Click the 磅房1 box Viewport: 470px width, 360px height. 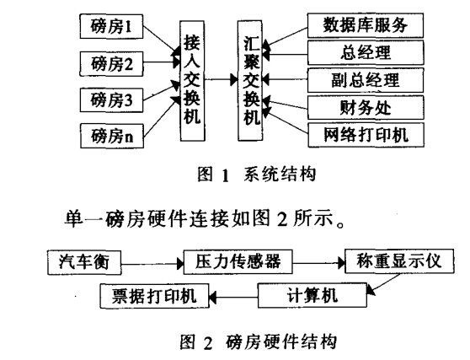coord(111,26)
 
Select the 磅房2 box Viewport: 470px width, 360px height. coord(111,63)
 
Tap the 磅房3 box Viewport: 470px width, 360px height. coord(111,99)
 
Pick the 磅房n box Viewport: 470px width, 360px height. coord(112,136)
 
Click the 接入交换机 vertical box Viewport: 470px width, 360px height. coord(192,81)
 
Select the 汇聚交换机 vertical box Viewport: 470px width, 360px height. coord(250,80)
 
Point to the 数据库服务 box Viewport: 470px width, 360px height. coord(366,25)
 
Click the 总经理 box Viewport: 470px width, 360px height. coord(366,52)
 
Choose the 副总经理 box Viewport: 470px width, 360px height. coord(366,80)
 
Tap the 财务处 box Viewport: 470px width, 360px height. coord(366,107)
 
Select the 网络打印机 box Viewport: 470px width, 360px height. coord(366,135)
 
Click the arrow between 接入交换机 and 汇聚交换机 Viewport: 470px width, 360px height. coord(222,80)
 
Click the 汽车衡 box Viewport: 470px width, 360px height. coord(84,262)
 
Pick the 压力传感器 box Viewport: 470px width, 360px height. coord(238,261)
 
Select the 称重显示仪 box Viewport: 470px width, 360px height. coord(399,261)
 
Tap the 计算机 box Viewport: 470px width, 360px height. coord(312,295)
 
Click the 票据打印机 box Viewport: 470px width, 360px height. coord(154,296)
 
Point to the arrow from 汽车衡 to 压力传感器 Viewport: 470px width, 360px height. coord(152,264)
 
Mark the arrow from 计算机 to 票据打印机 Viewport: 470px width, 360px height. coord(233,298)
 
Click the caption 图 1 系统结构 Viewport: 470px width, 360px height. coord(257,175)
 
